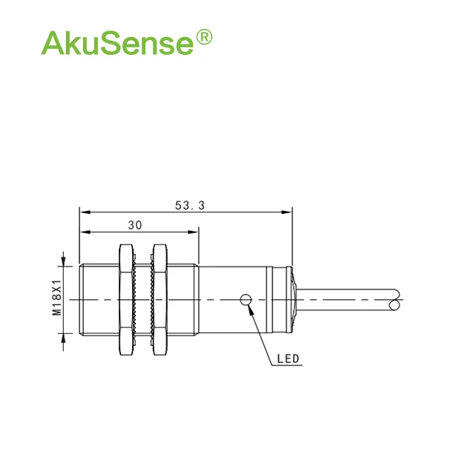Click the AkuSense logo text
(117, 42)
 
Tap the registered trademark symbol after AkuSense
(203, 38)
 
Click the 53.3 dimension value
(189, 206)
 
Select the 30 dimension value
(135, 225)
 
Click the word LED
(288, 359)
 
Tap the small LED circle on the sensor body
(246, 299)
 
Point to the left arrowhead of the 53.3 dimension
(84, 212)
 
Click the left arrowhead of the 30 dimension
(84, 232)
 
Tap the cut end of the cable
(394, 300)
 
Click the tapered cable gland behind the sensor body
(294, 299)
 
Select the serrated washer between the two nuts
(142, 299)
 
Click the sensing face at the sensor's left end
(80, 299)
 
